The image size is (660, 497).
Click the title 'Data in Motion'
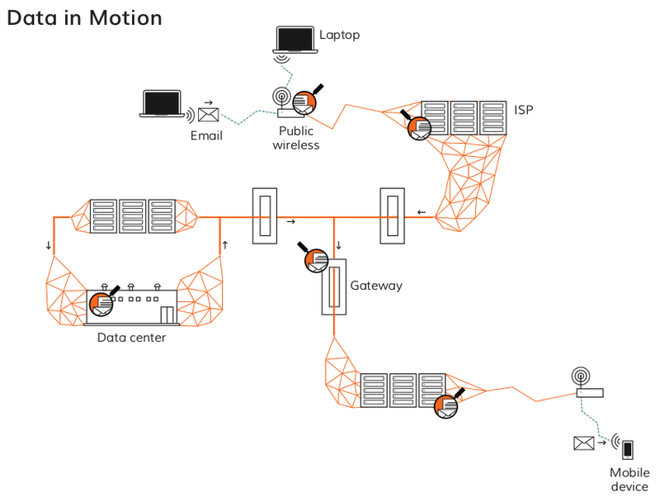tap(84, 17)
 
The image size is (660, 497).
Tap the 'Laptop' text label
tap(339, 35)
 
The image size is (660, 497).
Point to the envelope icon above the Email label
tap(208, 115)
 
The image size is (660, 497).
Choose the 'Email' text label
tap(206, 135)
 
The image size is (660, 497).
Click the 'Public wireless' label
tap(295, 138)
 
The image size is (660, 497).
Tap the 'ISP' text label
tap(524, 109)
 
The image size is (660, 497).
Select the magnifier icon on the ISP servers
tap(419, 125)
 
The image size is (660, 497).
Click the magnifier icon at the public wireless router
tap(307, 101)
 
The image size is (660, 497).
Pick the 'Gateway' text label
tap(376, 286)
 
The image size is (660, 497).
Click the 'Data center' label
tap(131, 337)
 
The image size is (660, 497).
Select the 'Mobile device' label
tap(629, 480)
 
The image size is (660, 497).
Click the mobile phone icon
tap(628, 449)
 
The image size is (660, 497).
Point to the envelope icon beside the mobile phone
tap(584, 443)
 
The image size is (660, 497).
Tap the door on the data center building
tap(167, 315)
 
